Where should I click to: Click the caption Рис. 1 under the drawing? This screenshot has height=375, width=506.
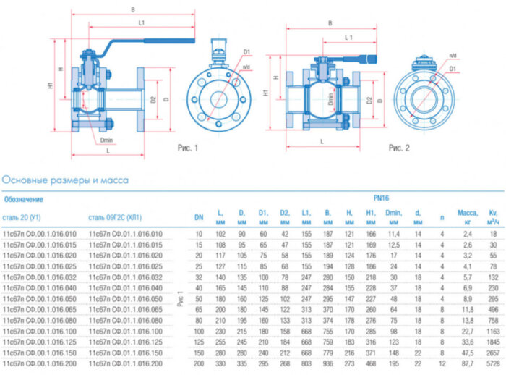tap(187, 148)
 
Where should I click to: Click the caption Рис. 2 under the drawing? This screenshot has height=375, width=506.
tap(399, 148)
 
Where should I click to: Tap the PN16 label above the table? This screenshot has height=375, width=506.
tap(381, 196)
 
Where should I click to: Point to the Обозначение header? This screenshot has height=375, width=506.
tap(25, 198)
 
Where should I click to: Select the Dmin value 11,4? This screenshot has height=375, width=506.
tap(393, 234)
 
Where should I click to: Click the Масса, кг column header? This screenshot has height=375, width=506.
tap(468, 216)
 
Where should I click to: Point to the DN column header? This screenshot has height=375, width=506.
tap(199, 216)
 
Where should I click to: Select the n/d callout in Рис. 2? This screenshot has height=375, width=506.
tap(453, 55)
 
